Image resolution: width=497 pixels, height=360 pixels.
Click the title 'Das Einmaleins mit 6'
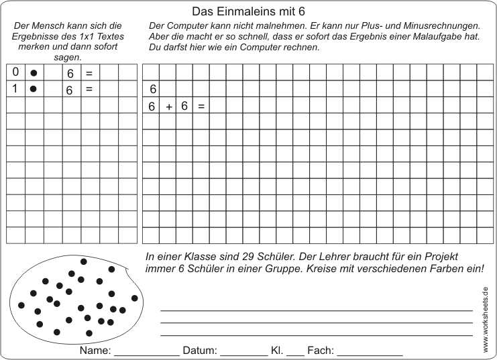coord(248,11)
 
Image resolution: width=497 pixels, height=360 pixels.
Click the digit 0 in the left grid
coord(15,72)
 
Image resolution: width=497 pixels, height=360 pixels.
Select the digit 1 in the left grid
coord(15,88)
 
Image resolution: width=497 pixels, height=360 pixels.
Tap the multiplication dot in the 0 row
coord(34,72)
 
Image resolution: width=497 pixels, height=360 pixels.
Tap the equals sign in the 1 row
coord(89,88)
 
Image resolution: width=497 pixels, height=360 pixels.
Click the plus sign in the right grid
coord(169,106)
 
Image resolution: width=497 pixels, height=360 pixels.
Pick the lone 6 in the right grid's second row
coord(152,89)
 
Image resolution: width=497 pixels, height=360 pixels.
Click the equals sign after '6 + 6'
coord(201,106)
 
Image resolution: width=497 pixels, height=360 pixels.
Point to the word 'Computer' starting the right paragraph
coord(184,25)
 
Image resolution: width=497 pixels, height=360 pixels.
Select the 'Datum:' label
coord(199,351)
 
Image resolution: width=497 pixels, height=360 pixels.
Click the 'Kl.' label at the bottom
coord(276,351)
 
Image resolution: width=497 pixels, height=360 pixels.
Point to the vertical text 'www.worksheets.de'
coord(485,319)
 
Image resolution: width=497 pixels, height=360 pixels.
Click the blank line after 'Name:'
coord(147,353)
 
